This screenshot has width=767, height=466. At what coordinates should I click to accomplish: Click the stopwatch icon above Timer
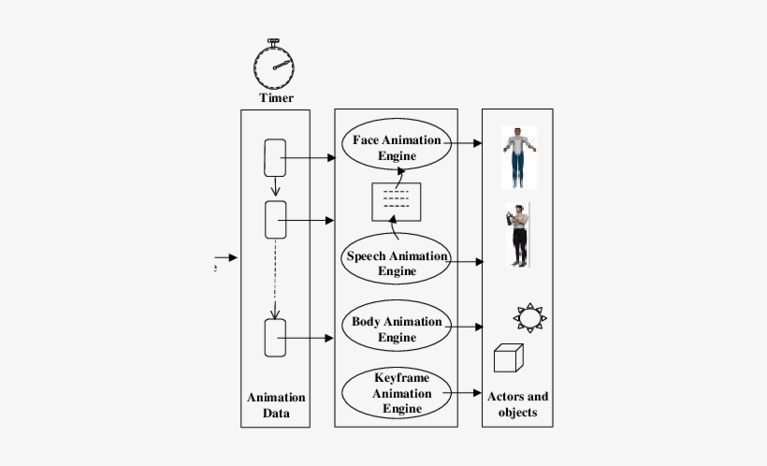tap(275, 65)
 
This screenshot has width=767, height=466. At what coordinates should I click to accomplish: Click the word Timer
tap(276, 97)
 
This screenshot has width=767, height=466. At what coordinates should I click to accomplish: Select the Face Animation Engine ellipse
tap(397, 147)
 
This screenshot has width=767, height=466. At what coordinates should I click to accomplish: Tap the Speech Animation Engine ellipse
tap(397, 263)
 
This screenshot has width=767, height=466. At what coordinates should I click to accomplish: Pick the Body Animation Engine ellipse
tap(397, 328)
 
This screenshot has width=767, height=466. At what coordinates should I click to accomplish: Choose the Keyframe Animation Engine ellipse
tap(397, 393)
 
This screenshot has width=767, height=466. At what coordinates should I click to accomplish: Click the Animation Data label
tap(275, 405)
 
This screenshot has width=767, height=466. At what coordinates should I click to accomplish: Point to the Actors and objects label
tap(518, 403)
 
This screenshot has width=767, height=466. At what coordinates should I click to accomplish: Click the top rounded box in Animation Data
tap(275, 158)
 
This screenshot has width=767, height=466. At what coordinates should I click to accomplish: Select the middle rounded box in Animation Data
tap(275, 220)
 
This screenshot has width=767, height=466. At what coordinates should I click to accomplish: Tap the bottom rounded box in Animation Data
tap(275, 338)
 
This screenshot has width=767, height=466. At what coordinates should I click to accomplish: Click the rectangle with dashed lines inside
tap(397, 201)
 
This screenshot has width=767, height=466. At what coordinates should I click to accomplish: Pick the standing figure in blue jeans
tap(518, 156)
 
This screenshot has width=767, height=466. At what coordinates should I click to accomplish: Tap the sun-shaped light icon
tap(530, 318)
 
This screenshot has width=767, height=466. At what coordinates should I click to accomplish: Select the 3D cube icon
tap(508, 358)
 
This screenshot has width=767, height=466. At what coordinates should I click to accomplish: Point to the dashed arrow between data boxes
tap(275, 279)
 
